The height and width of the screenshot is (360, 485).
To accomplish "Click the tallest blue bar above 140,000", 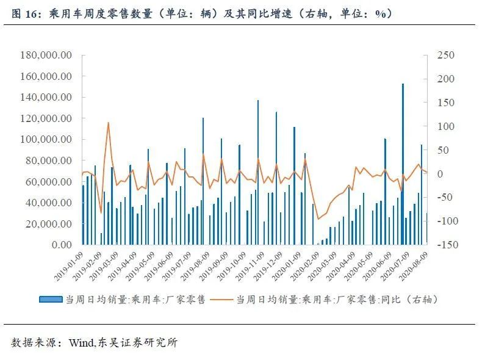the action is click(x=403, y=164).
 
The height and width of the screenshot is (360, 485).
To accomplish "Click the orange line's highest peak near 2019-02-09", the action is click(x=108, y=123).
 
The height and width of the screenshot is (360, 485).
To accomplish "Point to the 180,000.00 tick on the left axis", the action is click(x=46, y=55).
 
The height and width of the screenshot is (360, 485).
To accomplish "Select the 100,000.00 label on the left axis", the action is click(x=46, y=139).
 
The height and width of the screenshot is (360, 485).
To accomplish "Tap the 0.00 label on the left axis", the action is click(x=62, y=245).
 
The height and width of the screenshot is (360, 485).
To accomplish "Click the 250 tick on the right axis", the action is click(x=446, y=55).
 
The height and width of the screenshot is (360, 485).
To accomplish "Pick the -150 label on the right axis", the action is click(x=448, y=245).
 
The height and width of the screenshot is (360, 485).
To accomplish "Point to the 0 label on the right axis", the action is click(x=440, y=174).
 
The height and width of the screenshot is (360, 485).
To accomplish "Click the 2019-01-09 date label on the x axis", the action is click(x=69, y=266).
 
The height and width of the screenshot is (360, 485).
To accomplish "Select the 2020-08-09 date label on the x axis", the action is click(x=414, y=266).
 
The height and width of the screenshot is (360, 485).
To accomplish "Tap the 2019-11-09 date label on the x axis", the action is click(x=250, y=266).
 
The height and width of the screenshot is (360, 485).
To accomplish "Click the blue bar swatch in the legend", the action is click(x=51, y=300).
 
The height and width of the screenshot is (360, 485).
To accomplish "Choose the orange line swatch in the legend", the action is click(x=221, y=300).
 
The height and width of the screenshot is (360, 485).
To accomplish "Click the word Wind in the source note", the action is click(x=81, y=342).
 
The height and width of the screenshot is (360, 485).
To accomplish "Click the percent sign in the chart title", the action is click(x=381, y=14).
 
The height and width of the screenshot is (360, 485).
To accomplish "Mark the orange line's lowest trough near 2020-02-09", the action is click(x=318, y=219).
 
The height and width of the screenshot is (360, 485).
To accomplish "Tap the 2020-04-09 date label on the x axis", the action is click(x=340, y=266).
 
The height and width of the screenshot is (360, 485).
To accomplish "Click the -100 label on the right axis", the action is click(x=448, y=221).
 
